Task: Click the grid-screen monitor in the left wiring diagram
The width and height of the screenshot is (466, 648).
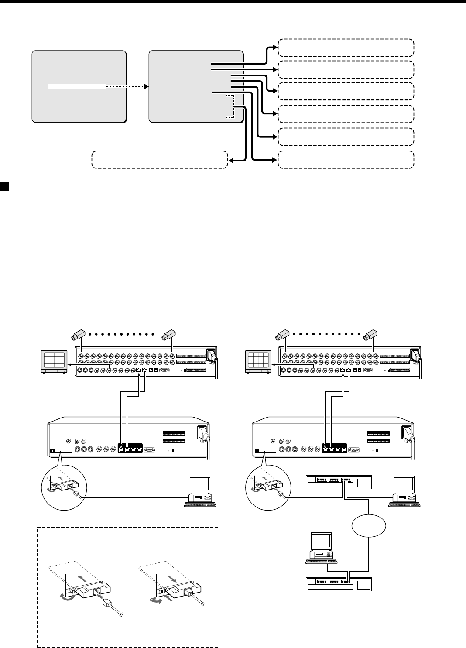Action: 53,360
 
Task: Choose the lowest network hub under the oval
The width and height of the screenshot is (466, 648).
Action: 339,583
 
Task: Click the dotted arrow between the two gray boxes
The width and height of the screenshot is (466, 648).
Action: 126,86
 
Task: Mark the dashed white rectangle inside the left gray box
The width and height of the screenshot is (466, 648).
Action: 76,86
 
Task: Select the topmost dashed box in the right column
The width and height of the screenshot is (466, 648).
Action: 346,47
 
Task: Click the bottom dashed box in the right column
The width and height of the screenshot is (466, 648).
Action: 346,160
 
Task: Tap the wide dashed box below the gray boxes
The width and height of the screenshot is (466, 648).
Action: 160,160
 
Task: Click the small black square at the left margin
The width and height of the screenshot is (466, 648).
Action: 3,186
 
